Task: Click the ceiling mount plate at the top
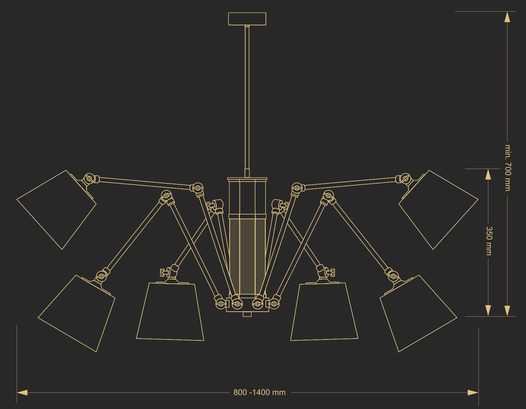coord(247,19)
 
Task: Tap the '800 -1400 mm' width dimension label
coord(259,392)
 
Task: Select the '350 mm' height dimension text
coord(489,241)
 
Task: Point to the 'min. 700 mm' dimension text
coord(508,168)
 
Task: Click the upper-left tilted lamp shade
coord(56,209)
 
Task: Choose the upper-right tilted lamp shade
coord(439,209)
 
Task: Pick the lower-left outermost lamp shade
coord(76,313)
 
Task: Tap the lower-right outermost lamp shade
coord(418,313)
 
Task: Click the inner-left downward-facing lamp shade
coord(170,311)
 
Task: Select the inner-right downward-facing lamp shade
coord(325,311)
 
